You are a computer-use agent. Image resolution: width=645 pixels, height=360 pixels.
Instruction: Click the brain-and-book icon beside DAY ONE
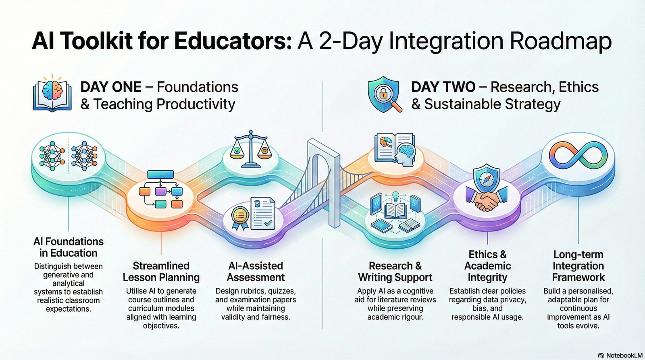[52, 95]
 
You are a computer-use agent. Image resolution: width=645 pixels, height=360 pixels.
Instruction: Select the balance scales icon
[250, 149]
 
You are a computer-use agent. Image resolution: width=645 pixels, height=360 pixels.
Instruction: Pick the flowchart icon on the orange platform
[161, 191]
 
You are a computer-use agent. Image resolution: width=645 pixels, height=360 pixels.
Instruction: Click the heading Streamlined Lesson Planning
[161, 271]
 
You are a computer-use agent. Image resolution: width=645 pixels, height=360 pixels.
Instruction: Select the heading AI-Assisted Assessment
[256, 271]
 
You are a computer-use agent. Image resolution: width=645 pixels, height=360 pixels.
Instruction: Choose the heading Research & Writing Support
[395, 271]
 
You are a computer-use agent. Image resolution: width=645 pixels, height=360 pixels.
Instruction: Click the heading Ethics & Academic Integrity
[487, 266]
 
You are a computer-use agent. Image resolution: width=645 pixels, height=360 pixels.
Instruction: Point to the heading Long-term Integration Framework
[578, 266]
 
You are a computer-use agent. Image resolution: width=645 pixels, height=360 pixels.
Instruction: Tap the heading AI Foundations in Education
[69, 247]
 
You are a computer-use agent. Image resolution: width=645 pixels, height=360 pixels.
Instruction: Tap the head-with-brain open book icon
[395, 149]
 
